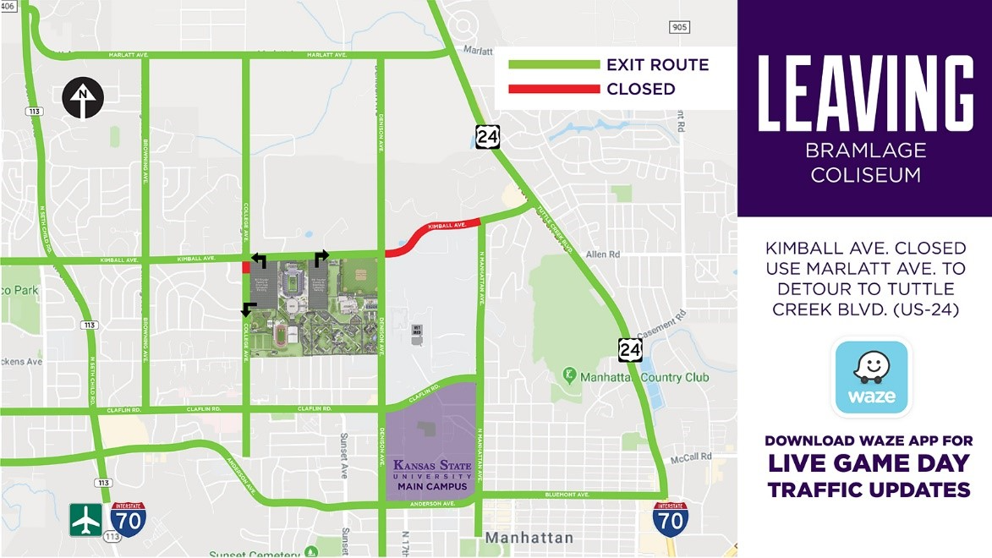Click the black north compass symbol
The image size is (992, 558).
[x=82, y=98]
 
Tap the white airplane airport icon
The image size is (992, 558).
[x=86, y=520]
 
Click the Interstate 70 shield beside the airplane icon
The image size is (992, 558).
[x=127, y=518]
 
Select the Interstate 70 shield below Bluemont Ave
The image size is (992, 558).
[x=670, y=518]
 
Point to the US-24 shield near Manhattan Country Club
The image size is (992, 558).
[x=629, y=347]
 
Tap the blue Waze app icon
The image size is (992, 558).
[x=871, y=377]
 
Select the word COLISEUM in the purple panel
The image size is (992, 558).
[x=864, y=175]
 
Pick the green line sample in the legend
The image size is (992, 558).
[x=550, y=65]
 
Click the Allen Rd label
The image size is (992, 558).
[x=603, y=254]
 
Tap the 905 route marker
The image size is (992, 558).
[x=678, y=27]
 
